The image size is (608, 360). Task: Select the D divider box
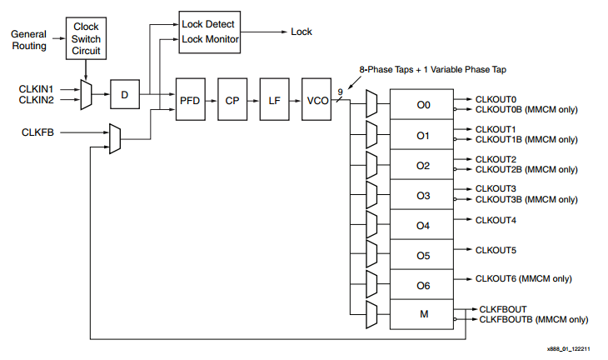coord(124,95)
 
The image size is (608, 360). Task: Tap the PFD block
coord(190,100)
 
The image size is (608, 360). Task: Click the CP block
coord(232,100)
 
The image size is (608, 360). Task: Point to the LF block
coord(273,100)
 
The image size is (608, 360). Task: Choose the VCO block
coord(316,100)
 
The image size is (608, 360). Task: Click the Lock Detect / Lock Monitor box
coord(211,32)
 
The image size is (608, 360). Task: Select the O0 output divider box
coord(423,105)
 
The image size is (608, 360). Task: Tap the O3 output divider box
coord(423,196)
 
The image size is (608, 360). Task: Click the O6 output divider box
coord(423,286)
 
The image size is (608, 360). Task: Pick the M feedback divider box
coord(423,315)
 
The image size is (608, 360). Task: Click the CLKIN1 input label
coord(36,88)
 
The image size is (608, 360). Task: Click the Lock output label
coord(301,32)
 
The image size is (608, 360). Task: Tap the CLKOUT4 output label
coord(496,220)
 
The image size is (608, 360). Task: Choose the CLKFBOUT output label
coord(502,309)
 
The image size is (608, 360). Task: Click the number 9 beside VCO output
coord(340,92)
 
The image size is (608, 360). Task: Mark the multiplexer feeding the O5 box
coord(371,255)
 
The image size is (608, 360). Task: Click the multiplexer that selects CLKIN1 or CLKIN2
coord(87,94)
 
